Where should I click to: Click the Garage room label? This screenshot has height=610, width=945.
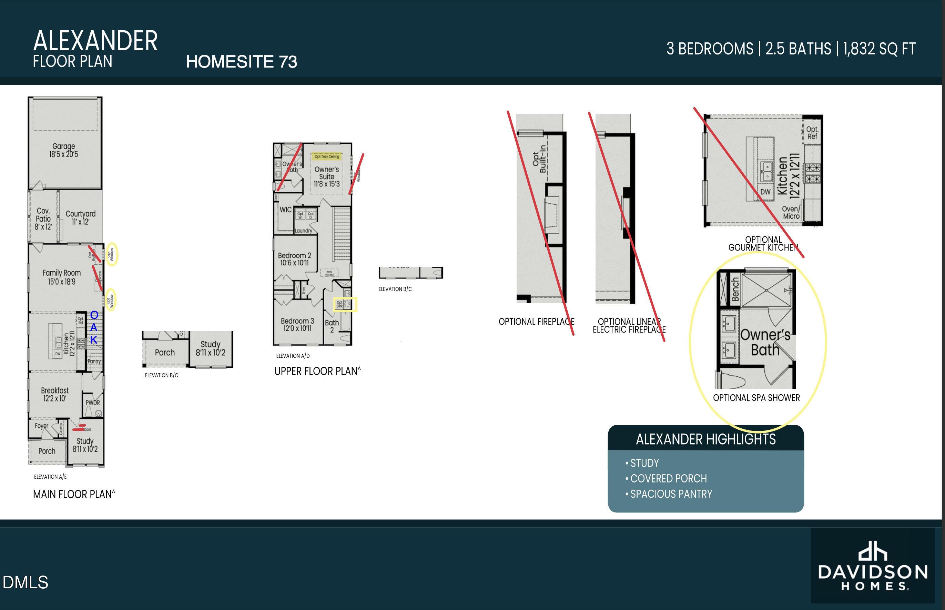tap(63, 150)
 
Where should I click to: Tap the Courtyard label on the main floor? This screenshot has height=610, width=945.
tap(80, 217)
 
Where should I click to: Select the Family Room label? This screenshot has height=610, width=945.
tap(61, 277)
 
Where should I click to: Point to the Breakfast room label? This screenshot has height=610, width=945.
tap(55, 394)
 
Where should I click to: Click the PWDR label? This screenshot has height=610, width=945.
tap(93, 403)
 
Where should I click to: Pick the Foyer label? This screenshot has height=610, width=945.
tap(42, 426)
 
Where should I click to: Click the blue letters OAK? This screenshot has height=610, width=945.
tap(94, 327)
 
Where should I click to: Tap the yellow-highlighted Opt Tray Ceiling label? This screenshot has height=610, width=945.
tap(327, 156)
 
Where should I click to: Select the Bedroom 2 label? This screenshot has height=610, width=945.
tap(294, 259)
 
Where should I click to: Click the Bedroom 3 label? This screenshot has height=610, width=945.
tap(297, 324)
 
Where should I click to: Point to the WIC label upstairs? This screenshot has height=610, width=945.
tap(286, 210)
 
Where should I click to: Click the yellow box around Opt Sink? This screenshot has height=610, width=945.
tap(345, 305)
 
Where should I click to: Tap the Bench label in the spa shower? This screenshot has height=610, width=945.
tap(735, 289)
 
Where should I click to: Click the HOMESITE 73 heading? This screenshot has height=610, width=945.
tap(241, 62)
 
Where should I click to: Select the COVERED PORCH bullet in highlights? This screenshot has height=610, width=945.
tap(668, 478)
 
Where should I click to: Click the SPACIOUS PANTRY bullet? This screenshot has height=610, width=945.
tap(671, 494)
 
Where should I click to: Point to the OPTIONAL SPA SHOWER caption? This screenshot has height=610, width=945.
tap(756, 398)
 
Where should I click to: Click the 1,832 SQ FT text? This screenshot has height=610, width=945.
tap(879, 49)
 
